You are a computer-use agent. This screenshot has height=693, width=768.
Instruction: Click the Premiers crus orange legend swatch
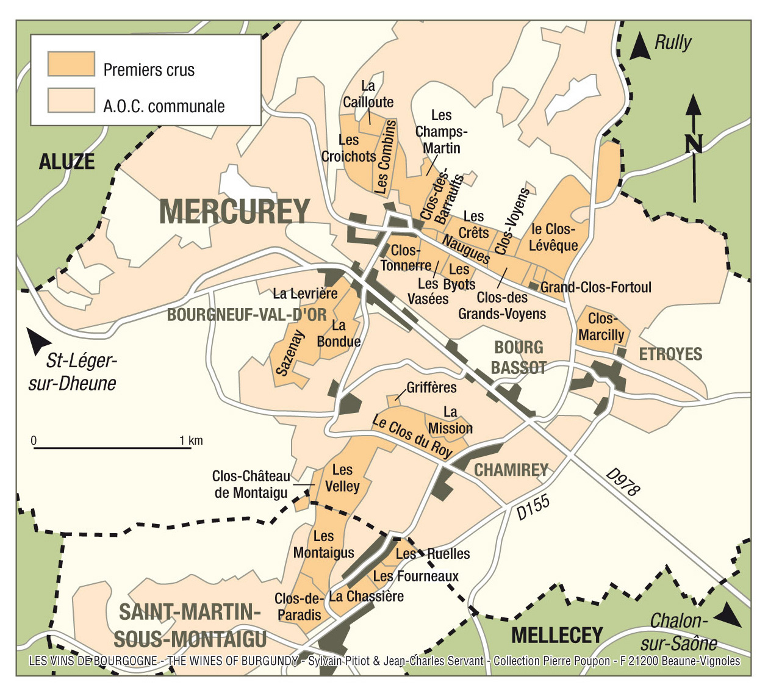(71, 65)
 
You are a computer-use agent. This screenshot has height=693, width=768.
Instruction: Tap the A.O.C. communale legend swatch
(71, 101)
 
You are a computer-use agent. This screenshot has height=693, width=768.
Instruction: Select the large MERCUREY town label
(235, 212)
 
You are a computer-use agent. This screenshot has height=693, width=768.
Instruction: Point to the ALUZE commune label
(67, 162)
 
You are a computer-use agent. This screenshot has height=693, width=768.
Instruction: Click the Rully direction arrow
(639, 47)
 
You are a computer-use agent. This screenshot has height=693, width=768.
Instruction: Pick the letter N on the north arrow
(694, 144)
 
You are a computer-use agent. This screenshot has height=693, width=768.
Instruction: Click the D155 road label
(533, 507)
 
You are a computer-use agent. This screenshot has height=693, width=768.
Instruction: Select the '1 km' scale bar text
(191, 440)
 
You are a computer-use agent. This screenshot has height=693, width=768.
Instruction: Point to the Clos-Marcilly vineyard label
(601, 327)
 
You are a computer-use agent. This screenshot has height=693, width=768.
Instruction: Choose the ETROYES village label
(670, 354)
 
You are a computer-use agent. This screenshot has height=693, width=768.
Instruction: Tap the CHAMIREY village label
(511, 470)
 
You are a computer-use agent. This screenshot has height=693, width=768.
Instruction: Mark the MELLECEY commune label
(557, 635)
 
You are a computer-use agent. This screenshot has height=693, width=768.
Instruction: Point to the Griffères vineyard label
(431, 387)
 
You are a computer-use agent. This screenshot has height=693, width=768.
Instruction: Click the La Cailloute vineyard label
(368, 94)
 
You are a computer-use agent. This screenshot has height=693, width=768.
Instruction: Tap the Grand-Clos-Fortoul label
(596, 287)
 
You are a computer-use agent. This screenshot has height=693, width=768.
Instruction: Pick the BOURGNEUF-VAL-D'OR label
(247, 315)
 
